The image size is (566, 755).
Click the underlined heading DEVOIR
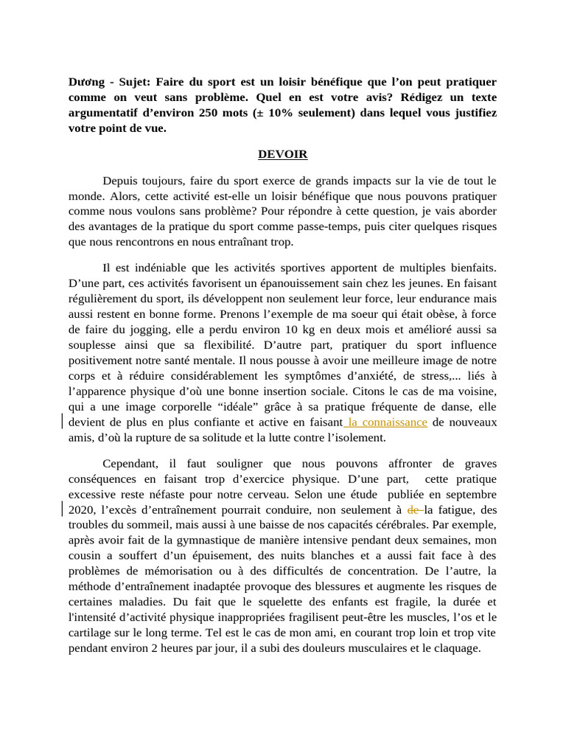(x=282, y=154)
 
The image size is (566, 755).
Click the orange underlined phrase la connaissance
(x=386, y=422)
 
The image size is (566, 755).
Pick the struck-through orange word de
(x=413, y=509)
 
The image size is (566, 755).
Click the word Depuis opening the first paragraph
(x=120, y=181)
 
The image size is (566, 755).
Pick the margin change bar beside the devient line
(x=62, y=422)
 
